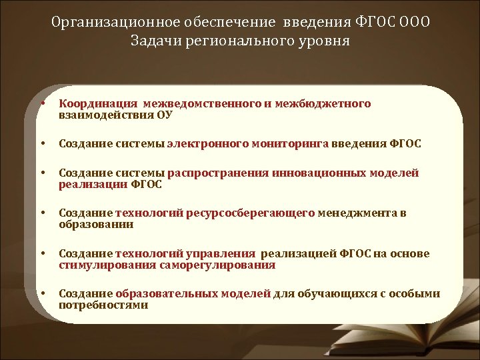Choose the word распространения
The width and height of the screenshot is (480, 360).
pyautogui.click(x=218, y=173)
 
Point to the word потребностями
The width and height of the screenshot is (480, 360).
pyautogui.click(x=103, y=305)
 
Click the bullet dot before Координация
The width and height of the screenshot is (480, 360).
pyautogui.click(x=42, y=103)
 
